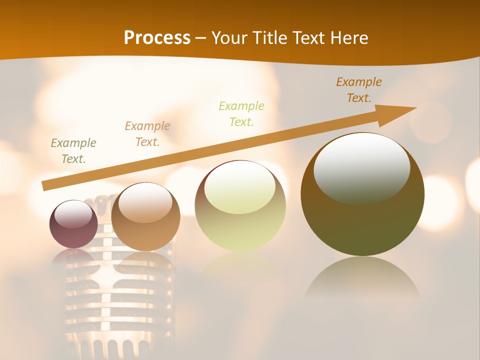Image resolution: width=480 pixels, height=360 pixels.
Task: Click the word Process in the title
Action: pyautogui.click(x=157, y=38)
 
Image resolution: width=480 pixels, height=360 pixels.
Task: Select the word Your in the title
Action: pyautogui.click(x=228, y=38)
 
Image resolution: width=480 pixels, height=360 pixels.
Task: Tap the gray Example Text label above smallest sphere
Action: pyautogui.click(x=73, y=151)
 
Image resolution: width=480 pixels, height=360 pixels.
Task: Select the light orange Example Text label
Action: pyautogui.click(x=147, y=134)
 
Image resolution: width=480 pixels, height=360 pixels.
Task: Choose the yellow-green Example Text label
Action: pyautogui.click(x=241, y=113)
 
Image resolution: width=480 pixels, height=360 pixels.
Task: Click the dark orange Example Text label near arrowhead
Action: pyautogui.click(x=359, y=90)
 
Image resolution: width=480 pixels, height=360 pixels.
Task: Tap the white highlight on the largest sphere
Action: pyautogui.click(x=361, y=167)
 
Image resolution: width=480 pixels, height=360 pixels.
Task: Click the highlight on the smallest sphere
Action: pyautogui.click(x=73, y=214)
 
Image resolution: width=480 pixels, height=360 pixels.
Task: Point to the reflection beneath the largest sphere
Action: pyautogui.click(x=362, y=280)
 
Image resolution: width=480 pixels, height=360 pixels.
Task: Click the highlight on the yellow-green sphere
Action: pyautogui.click(x=240, y=187)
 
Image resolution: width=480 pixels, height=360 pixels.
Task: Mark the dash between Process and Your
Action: pyautogui.click(x=201, y=38)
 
